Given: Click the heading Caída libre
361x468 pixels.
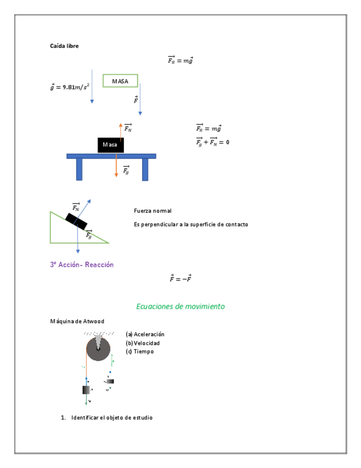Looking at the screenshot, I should (x=64, y=46).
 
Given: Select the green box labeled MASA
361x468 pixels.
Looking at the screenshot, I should (x=120, y=81).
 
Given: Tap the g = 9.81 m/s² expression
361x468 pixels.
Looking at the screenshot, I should (x=70, y=87).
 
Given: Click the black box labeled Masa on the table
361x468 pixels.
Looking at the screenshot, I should (x=110, y=145).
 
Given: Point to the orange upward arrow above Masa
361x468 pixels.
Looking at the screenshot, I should (x=121, y=130).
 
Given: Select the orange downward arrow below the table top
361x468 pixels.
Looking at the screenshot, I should (x=116, y=167).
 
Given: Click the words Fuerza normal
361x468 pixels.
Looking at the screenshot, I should (x=153, y=211).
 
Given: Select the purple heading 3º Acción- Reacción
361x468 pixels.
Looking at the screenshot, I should (x=82, y=264).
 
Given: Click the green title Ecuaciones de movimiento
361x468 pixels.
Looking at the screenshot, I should (x=180, y=306).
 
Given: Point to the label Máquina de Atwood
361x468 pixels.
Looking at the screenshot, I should (x=77, y=321).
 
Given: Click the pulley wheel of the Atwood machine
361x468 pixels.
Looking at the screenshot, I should (x=98, y=348).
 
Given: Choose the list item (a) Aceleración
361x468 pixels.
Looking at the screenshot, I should (x=145, y=334).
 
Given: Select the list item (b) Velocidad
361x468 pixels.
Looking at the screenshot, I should (x=143, y=343).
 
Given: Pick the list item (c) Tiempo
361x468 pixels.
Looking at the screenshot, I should (x=139, y=352).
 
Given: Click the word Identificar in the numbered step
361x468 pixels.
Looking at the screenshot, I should (x=85, y=417).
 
